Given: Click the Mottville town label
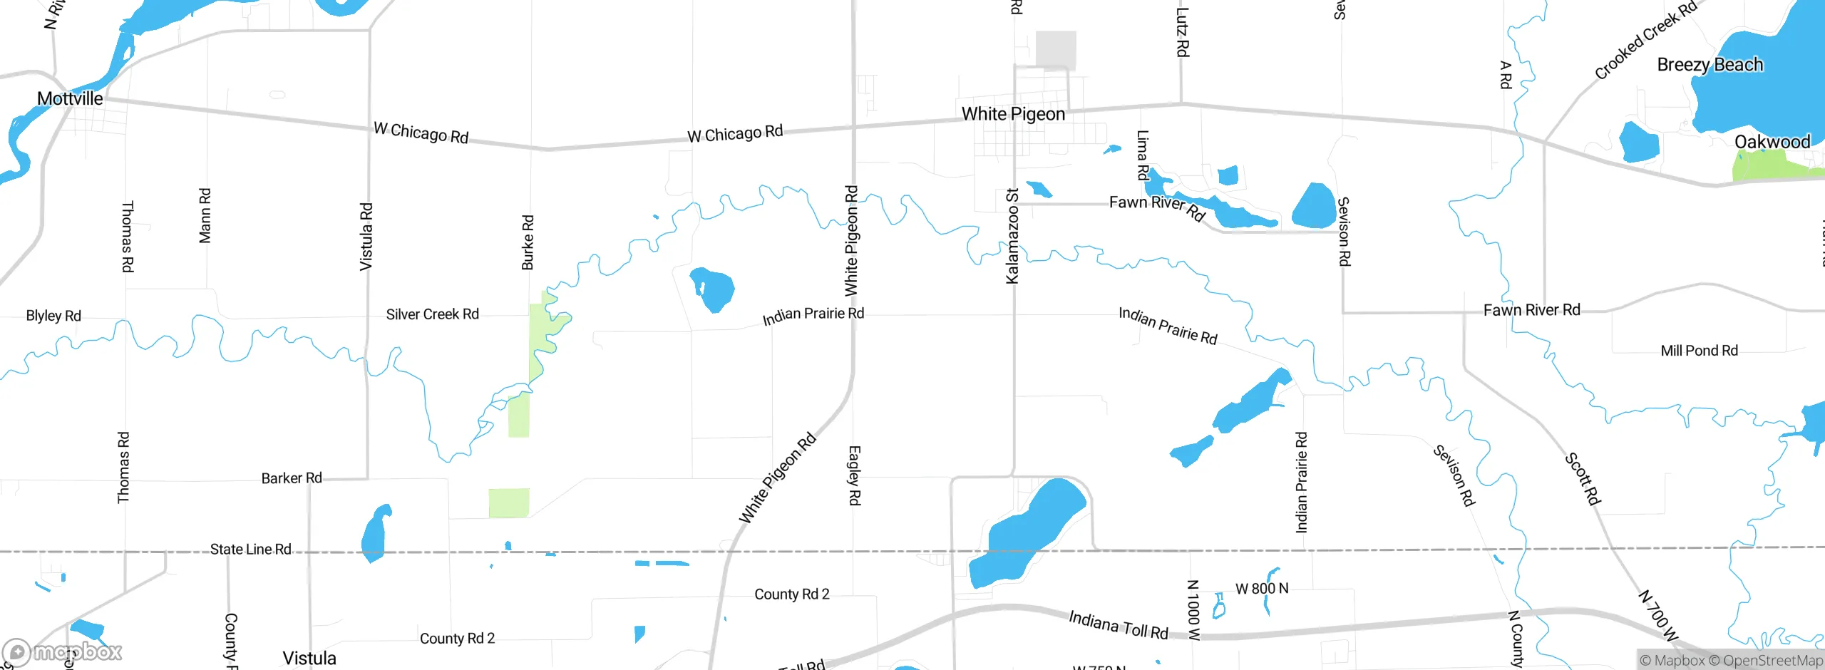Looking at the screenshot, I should [70, 98].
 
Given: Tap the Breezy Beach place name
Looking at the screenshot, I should [1710, 65].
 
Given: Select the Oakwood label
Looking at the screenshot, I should [1772, 142].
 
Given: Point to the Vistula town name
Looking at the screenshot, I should [309, 658].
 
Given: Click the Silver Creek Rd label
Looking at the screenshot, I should [432, 314].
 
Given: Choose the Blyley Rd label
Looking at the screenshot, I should [53, 316].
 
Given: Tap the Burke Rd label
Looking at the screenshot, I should [528, 242].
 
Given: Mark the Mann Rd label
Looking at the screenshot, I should [205, 215].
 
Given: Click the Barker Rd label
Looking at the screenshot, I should [292, 478].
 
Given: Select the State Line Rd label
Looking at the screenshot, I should [250, 550].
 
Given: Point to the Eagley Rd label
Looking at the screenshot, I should [854, 475].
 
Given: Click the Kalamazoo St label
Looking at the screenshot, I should [1012, 236].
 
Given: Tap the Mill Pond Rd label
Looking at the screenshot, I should [1699, 351].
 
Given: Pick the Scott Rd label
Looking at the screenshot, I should [1583, 478].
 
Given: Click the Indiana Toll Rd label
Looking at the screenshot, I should [1118, 625].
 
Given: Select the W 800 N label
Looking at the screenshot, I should [1262, 589].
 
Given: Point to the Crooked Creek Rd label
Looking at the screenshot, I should [1645, 41].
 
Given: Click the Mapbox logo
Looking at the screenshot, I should [63, 651].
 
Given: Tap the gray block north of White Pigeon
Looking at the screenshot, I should [1056, 50].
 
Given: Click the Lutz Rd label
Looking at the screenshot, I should [1182, 32].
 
